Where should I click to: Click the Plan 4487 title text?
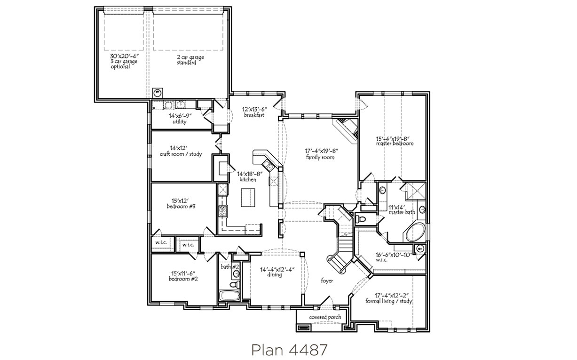pyautogui.click(x=289, y=350)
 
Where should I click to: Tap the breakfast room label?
pyautogui.click(x=254, y=115)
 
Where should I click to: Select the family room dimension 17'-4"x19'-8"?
pyautogui.click(x=321, y=151)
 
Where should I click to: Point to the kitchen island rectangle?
pyautogui.click(x=248, y=198)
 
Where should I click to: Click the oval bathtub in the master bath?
pyautogui.click(x=415, y=232)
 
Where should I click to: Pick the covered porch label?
pyautogui.click(x=325, y=317)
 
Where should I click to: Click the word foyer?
pyautogui.click(x=327, y=280)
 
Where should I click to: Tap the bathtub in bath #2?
pyautogui.click(x=229, y=296)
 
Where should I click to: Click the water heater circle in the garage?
pyautogui.click(x=158, y=92)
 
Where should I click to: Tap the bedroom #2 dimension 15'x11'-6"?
pyautogui.click(x=183, y=273)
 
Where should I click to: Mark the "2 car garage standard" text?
pyautogui.click(x=190, y=60)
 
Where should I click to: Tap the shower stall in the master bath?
pyautogui.click(x=416, y=191)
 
